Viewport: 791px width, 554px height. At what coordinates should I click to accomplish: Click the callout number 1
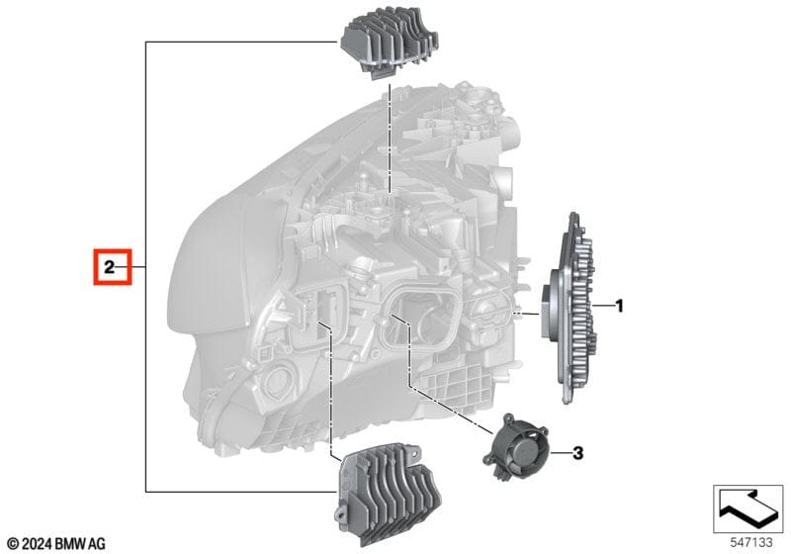(x=619, y=306)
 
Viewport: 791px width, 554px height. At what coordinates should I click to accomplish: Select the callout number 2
(x=110, y=267)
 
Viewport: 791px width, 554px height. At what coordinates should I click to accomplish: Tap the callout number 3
(x=577, y=453)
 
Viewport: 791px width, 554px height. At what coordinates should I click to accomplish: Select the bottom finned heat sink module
(x=388, y=494)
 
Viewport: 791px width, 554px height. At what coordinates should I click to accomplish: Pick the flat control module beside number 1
(x=570, y=308)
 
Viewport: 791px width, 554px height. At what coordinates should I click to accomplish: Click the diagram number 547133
(x=751, y=542)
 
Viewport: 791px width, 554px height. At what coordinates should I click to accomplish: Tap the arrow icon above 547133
(x=747, y=508)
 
